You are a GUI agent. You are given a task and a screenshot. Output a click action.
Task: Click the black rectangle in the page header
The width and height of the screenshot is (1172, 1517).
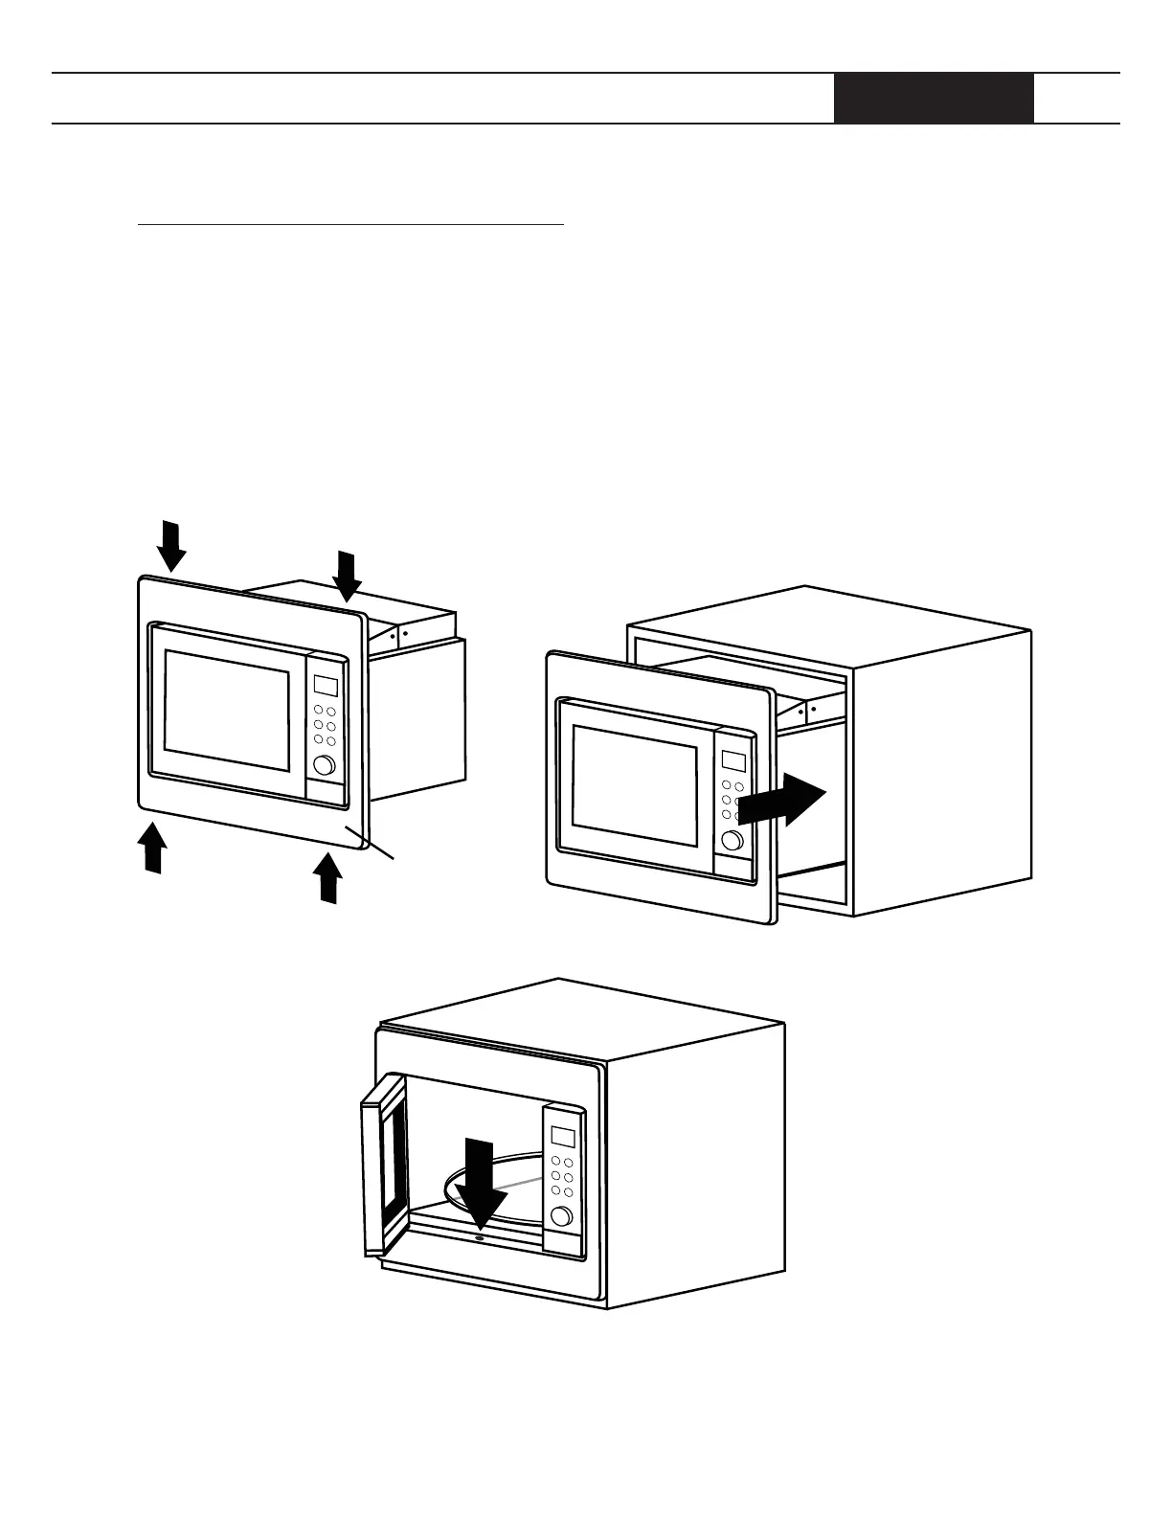[x=934, y=99]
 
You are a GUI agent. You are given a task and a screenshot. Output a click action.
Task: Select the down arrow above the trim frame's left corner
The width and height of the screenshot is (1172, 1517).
[x=172, y=544]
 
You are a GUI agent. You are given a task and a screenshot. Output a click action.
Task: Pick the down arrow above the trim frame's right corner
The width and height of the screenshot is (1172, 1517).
[x=347, y=575]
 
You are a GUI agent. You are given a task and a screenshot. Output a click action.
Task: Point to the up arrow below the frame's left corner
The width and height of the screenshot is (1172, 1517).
[x=151, y=848]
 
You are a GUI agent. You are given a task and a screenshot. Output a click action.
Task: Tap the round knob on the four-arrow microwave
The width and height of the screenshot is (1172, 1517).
[x=324, y=765]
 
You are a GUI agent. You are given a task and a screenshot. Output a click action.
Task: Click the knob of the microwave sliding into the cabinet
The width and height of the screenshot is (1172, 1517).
[x=732, y=840]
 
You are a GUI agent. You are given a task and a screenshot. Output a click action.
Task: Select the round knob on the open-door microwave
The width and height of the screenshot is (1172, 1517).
[x=561, y=1216]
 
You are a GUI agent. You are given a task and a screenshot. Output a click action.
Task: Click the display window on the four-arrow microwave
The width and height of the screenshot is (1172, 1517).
[x=326, y=686]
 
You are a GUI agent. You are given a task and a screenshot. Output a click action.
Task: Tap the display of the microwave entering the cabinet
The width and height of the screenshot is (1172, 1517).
[x=733, y=761]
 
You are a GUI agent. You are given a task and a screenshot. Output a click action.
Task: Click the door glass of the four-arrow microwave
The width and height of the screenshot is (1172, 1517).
[x=227, y=710]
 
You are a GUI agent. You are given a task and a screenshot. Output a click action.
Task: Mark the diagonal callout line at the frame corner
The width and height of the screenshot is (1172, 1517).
[x=377, y=847]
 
